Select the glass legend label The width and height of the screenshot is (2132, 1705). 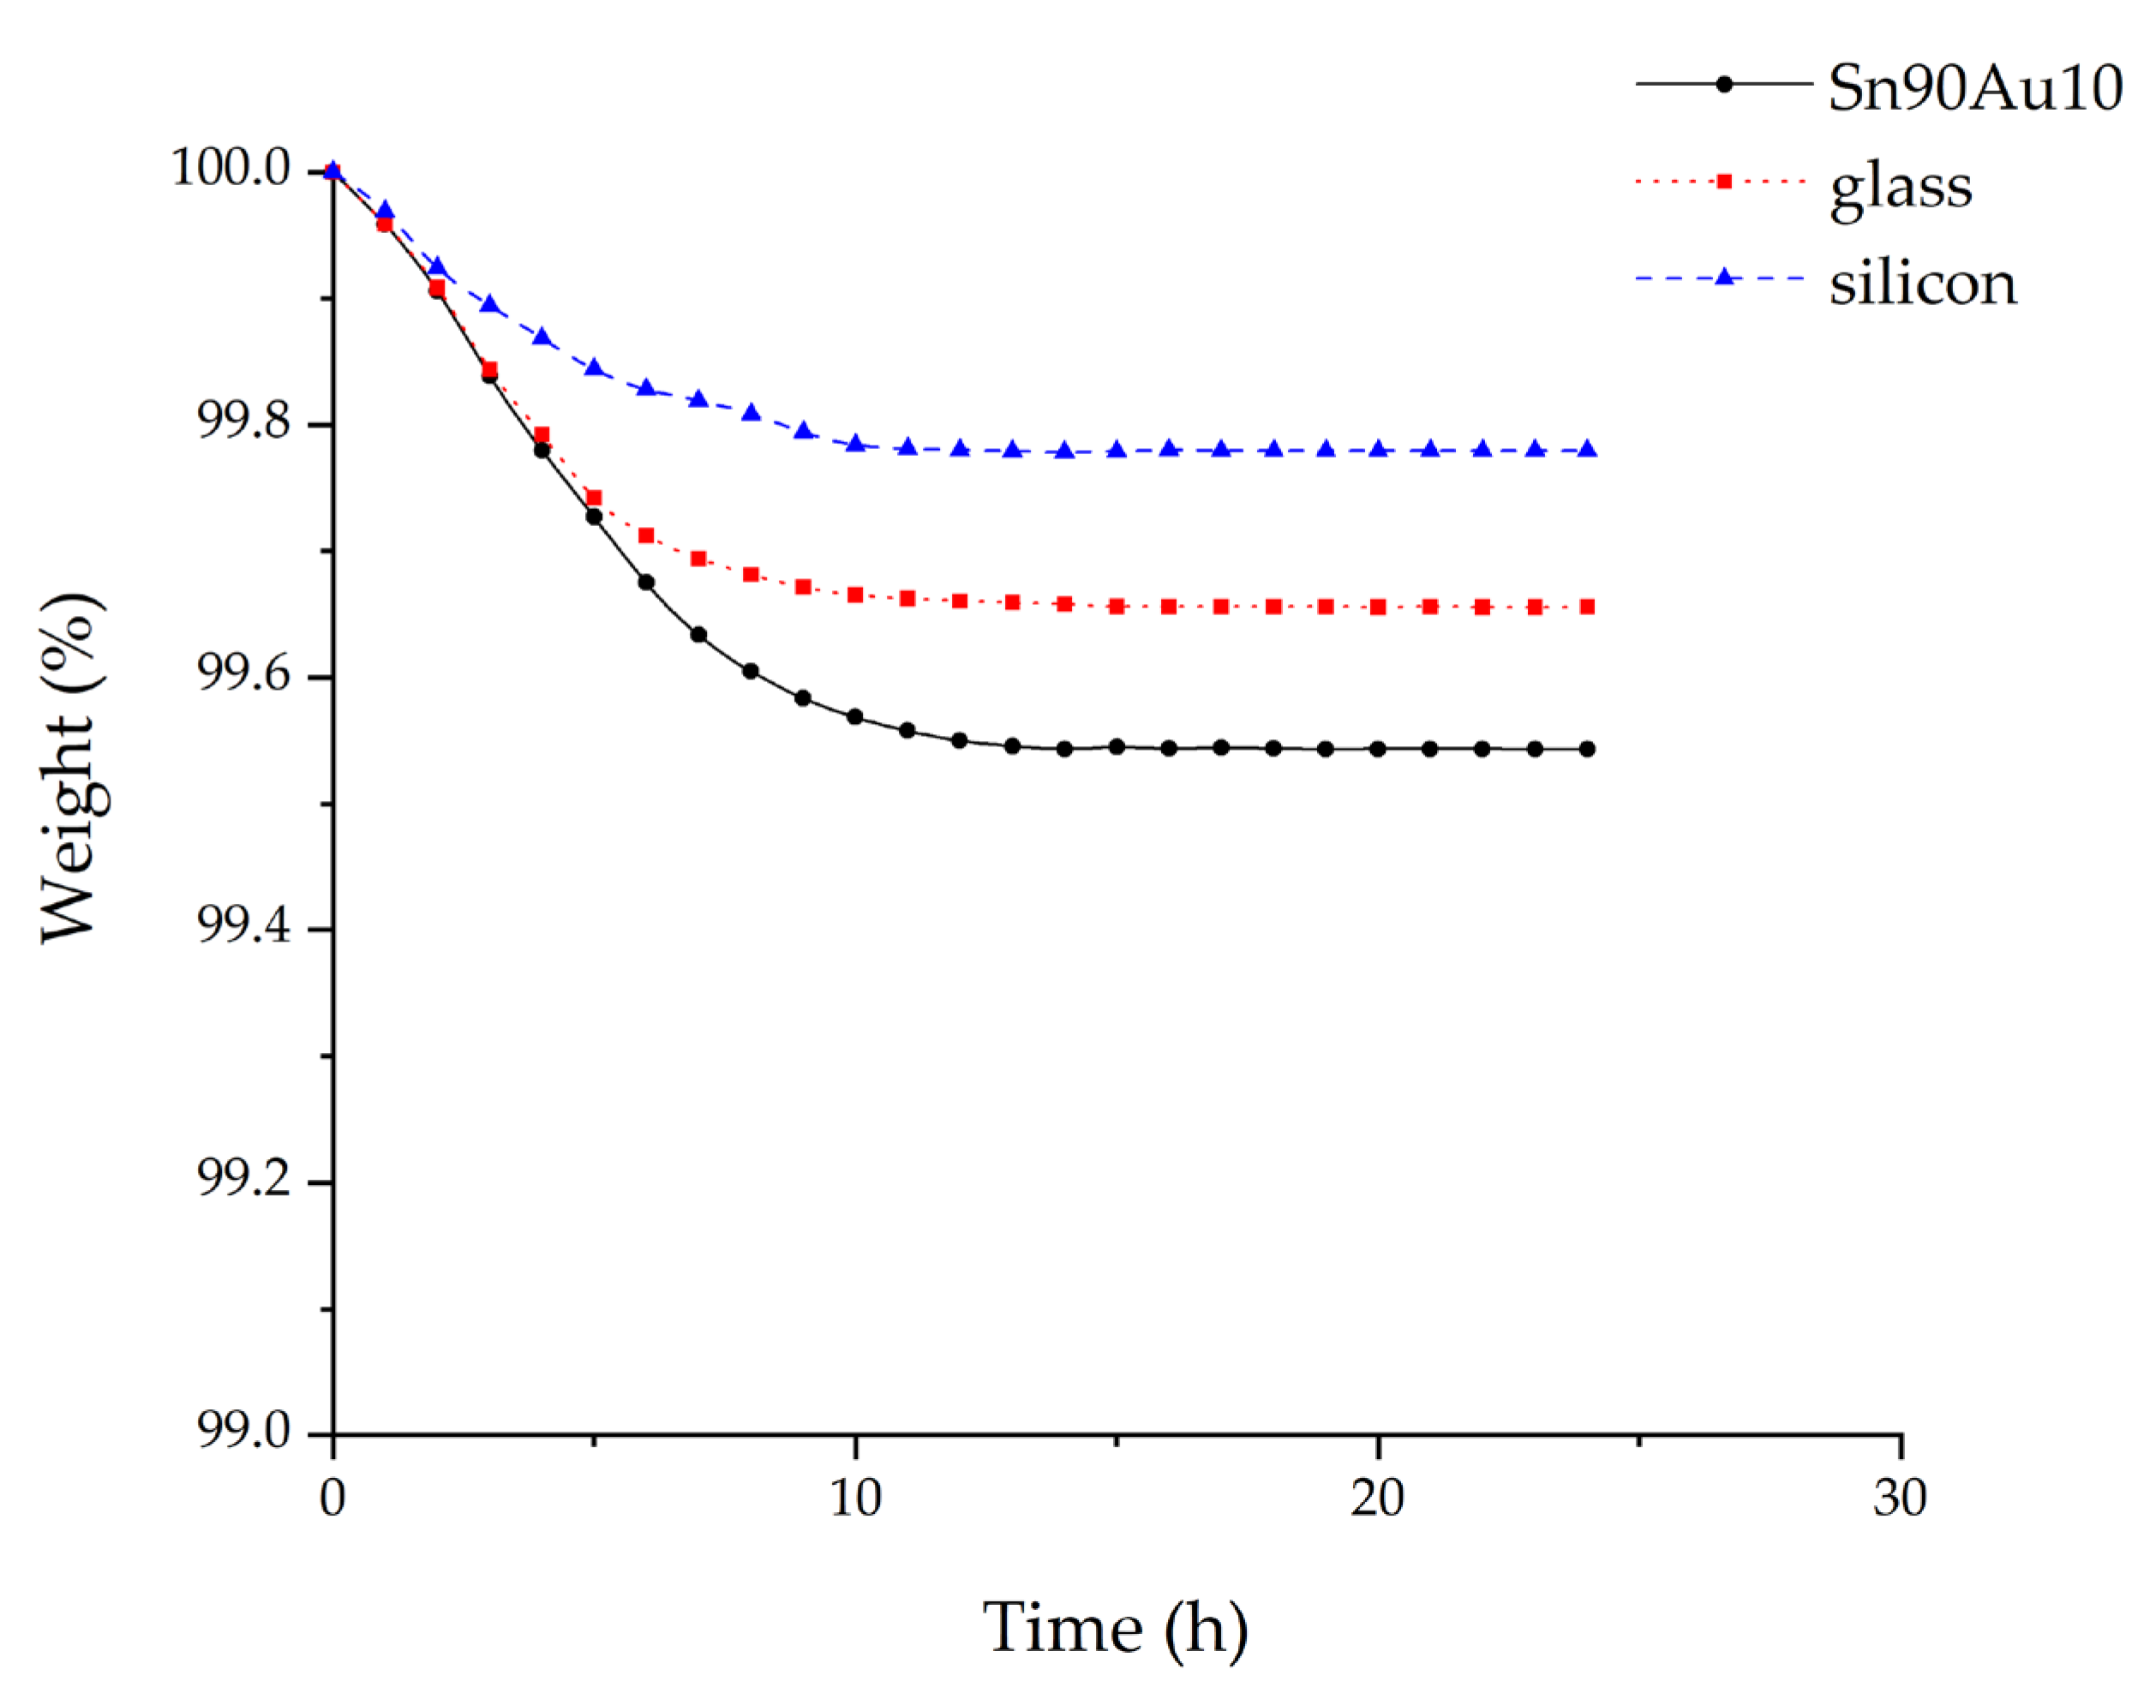point(1901,188)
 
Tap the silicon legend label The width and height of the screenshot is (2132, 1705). point(1922,284)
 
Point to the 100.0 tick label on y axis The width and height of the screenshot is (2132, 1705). point(231,168)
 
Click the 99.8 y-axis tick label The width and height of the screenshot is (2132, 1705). point(244,422)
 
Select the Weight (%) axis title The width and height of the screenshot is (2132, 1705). point(71,768)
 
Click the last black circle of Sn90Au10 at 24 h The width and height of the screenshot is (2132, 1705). point(1587,749)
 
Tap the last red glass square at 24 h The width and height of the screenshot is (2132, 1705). point(1587,607)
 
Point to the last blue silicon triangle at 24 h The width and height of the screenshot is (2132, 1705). point(1587,449)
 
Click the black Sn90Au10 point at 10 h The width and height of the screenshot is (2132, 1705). point(855,717)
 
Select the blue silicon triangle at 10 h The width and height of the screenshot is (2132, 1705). point(855,443)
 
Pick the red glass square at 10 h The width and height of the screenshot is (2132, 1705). point(855,595)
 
